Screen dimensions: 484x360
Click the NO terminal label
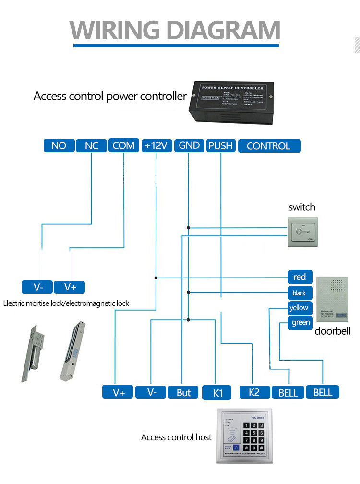59,145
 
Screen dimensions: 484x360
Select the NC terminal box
91,145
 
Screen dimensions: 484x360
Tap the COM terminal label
123,145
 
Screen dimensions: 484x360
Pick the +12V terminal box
156,145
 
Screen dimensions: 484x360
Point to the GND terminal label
189,145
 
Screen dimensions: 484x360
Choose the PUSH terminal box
220,145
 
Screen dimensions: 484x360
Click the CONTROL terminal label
269,146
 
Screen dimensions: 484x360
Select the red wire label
300,277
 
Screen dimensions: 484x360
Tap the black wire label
299,293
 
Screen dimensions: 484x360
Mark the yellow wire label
299,308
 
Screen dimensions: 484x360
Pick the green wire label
301,323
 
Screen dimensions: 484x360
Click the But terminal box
183,392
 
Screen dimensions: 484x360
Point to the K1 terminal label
218,392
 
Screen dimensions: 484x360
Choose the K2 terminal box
254,392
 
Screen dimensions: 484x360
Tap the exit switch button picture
302,231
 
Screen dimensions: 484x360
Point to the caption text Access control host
176,437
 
